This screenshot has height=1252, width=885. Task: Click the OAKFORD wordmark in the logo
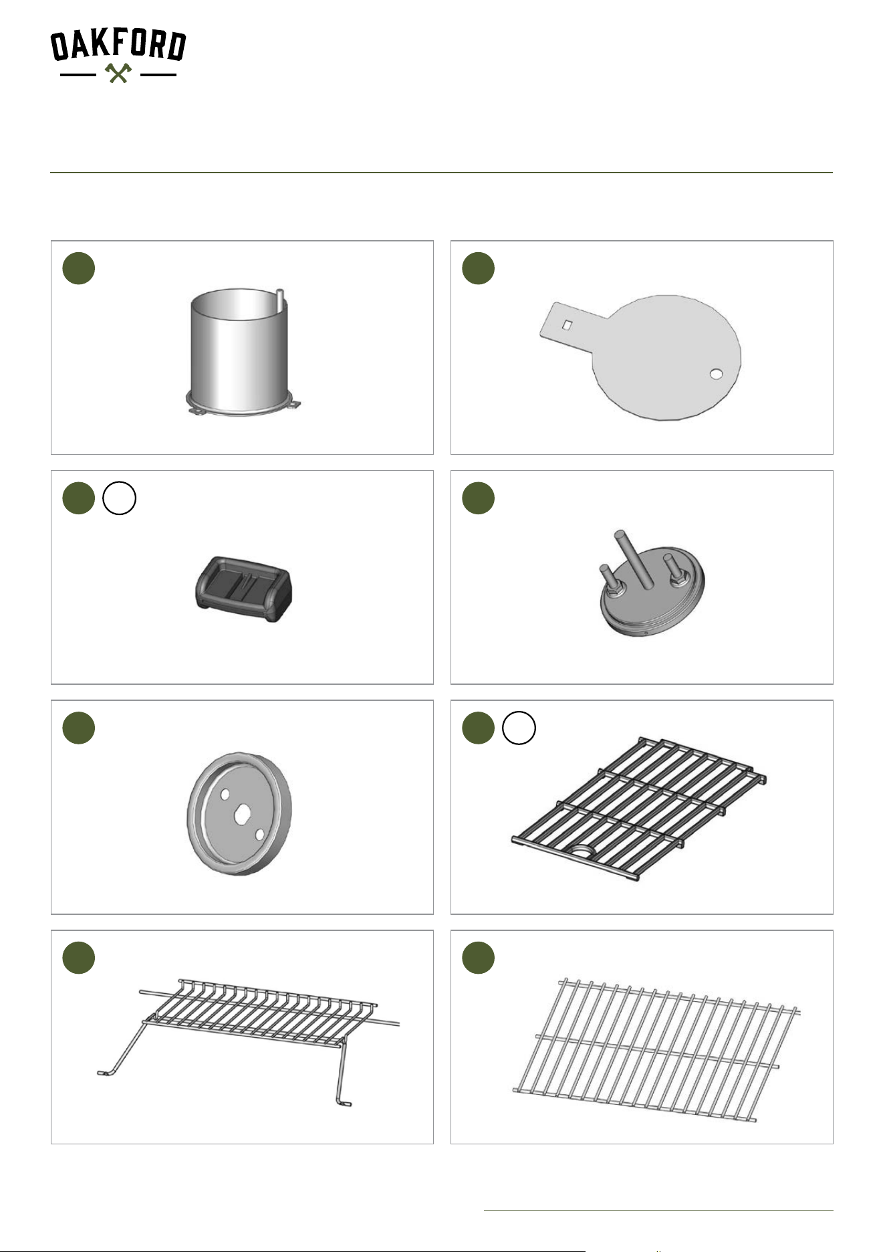tap(118, 45)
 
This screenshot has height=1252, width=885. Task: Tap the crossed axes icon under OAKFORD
tap(118, 73)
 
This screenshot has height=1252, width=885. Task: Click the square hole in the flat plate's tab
tap(567, 324)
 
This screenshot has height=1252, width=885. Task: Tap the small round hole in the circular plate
tap(716, 374)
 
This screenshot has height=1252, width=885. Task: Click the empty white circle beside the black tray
tap(119, 499)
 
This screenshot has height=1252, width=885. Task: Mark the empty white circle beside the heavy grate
tap(519, 728)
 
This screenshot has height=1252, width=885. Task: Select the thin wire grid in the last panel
tap(656, 1049)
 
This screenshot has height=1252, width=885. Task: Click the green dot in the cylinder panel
tap(79, 269)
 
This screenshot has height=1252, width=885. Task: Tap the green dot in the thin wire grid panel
tap(479, 958)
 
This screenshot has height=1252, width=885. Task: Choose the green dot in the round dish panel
tap(79, 728)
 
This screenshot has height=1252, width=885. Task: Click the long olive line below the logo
tap(441, 173)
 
